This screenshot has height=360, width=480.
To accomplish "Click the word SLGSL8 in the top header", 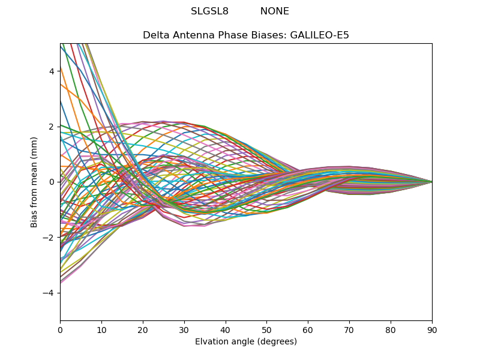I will tap(209, 11).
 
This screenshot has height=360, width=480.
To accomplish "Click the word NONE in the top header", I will tap(274, 11).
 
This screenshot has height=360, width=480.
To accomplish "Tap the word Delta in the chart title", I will tap(155, 35).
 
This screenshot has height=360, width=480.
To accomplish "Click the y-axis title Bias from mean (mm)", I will tap(35, 182).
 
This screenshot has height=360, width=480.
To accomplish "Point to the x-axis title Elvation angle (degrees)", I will tap(246, 341).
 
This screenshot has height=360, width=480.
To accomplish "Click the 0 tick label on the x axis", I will tap(60, 329).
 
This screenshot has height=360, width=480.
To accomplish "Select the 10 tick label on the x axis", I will tap(101, 329).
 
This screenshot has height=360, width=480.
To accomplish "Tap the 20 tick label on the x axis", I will tap(143, 329).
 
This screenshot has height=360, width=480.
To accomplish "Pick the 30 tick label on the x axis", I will tap(184, 329).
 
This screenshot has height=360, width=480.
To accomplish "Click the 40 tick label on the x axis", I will tap(226, 329).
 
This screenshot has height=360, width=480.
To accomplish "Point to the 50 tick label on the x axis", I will tap(266, 329).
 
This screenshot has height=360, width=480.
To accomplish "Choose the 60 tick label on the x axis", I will tap(308, 329).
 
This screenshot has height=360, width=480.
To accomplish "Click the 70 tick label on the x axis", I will tap(349, 329).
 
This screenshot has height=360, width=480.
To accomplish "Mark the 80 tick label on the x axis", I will tap(391, 329).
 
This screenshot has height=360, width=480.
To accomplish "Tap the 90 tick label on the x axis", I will tap(432, 329).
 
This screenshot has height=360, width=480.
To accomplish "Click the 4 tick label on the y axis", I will tap(52, 71).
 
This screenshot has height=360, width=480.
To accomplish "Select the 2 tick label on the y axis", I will tap(52, 127).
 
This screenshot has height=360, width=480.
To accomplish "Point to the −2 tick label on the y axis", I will tap(49, 237).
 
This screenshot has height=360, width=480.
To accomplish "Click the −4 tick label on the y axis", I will tap(49, 293).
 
